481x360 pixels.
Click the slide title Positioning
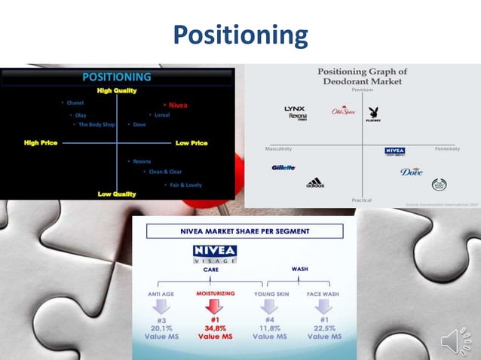(x=240, y=35)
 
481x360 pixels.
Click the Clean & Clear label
(x=164, y=172)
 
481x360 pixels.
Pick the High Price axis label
(x=41, y=142)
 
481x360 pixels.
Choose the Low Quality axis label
(x=117, y=194)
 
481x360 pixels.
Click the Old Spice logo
(x=343, y=111)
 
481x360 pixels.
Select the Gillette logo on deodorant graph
(x=283, y=167)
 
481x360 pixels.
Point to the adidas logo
(x=315, y=182)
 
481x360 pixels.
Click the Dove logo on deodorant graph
(x=412, y=171)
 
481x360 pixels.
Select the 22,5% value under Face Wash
(x=323, y=328)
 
